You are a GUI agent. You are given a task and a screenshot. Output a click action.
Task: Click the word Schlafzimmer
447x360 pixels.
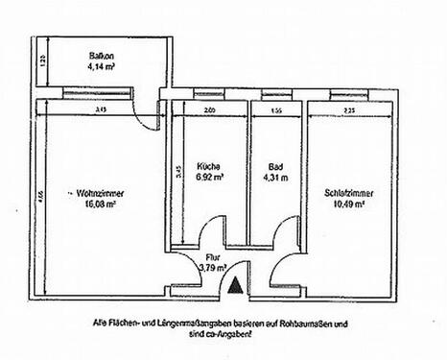pos(349,192)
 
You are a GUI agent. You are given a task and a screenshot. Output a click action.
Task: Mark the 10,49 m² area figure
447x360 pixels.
pos(349,204)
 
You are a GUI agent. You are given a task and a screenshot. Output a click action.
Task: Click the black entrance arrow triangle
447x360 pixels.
pos(237,283)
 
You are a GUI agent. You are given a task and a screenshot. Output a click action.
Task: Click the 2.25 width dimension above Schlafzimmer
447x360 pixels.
pos(348,111)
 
